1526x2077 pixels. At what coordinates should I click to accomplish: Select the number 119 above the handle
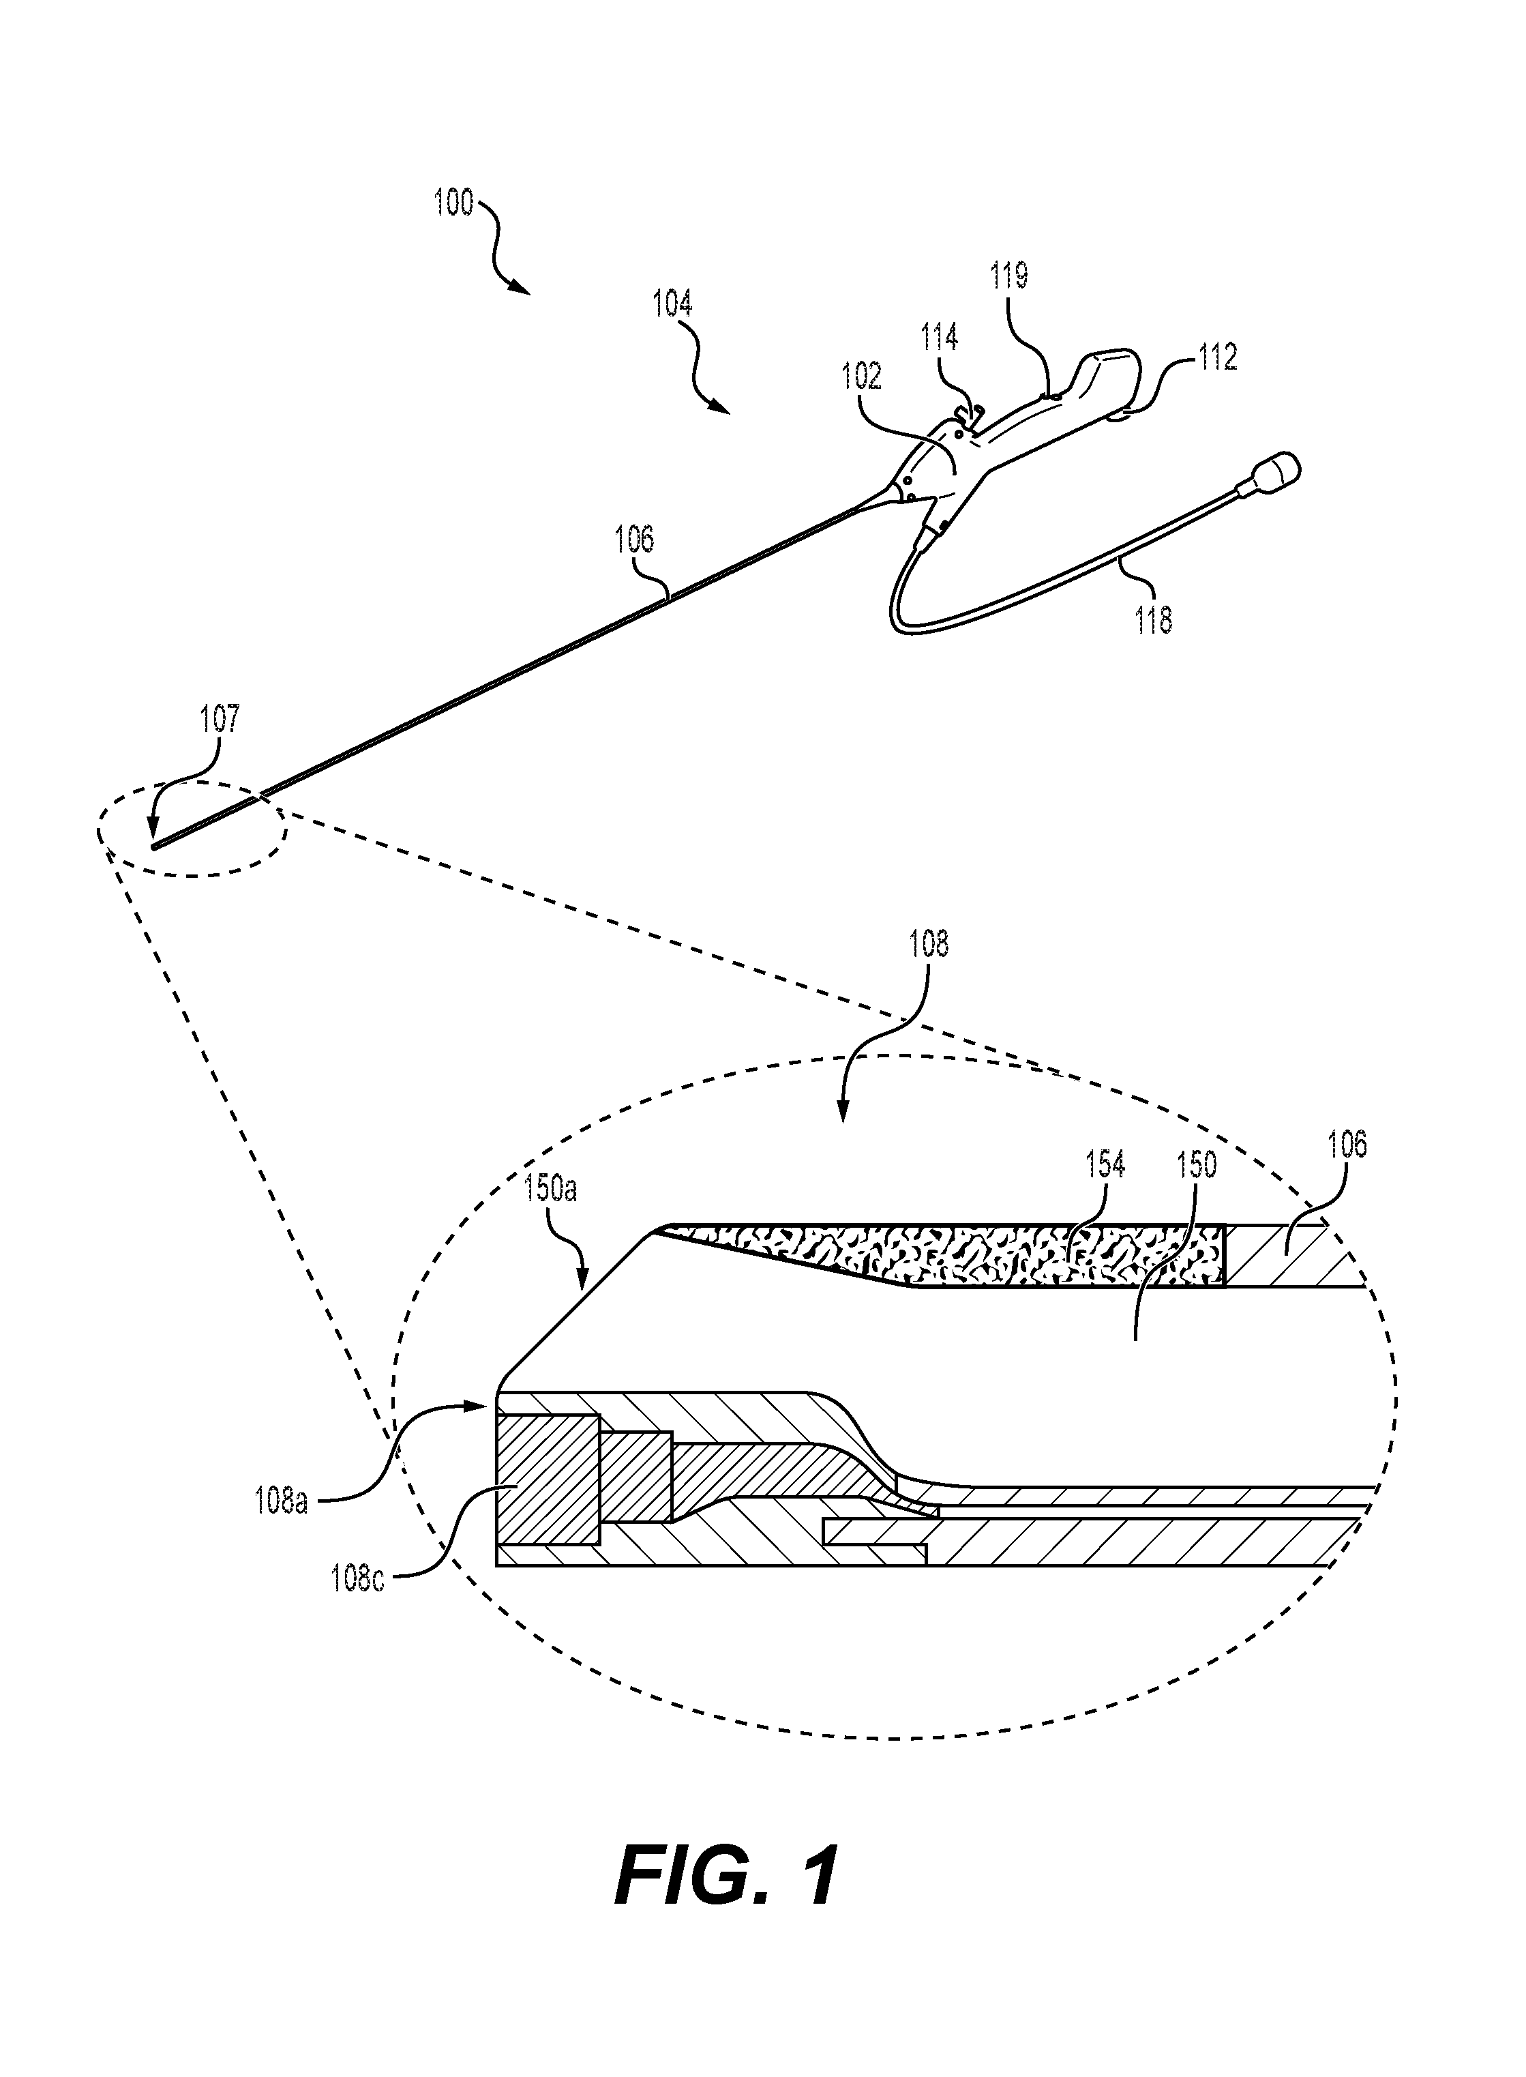click(x=1010, y=276)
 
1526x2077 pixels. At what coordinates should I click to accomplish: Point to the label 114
click(x=940, y=337)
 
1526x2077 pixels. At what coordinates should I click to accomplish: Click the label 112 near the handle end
click(x=1218, y=357)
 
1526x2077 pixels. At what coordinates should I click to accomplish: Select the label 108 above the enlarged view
click(x=928, y=943)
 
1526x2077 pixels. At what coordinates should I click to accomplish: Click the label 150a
click(x=550, y=1188)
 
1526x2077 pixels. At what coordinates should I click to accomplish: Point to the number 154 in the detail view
click(x=1106, y=1165)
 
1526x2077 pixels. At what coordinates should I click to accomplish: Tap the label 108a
click(x=281, y=1502)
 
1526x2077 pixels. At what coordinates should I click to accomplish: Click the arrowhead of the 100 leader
click(x=524, y=289)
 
